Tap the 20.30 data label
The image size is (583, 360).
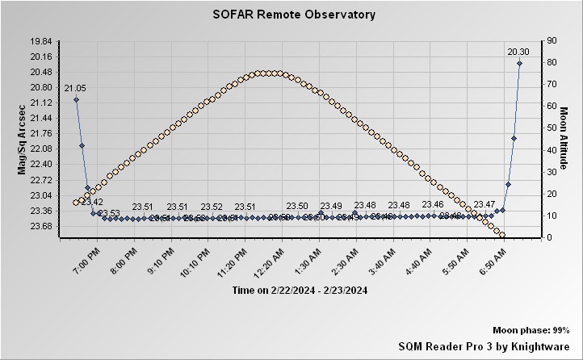[x=518, y=52]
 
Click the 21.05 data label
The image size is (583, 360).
[x=75, y=88]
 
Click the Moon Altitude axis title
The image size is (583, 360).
[x=565, y=139]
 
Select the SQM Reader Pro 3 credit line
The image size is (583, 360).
[x=484, y=345]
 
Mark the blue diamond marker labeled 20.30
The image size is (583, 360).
[x=519, y=63]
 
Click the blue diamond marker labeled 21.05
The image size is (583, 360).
[x=76, y=100]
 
